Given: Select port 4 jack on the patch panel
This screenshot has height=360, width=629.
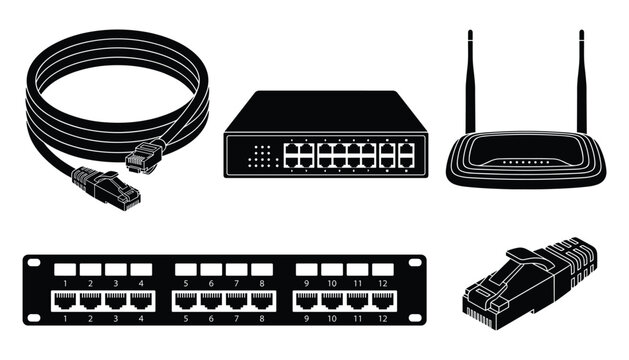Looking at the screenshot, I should pyautogui.click(x=140, y=299).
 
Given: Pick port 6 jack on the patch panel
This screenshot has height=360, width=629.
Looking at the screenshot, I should pyautogui.click(x=211, y=299).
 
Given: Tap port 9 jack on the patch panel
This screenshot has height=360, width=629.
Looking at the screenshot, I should pyautogui.click(x=306, y=299).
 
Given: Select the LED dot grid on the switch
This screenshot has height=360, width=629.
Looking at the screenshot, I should pyautogui.click(x=261, y=155).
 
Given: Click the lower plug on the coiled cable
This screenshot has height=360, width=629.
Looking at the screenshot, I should pyautogui.click(x=104, y=188).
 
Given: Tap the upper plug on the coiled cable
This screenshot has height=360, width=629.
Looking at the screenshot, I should pyautogui.click(x=145, y=155).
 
